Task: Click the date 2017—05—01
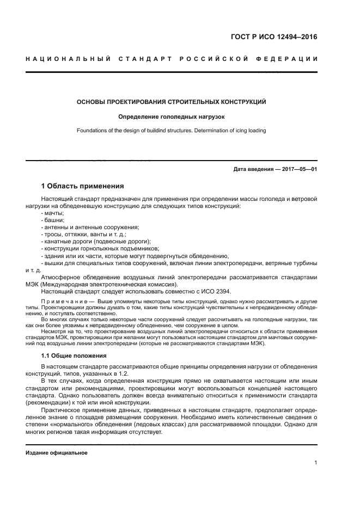tap(297, 169)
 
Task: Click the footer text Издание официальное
tap(57, 452)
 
